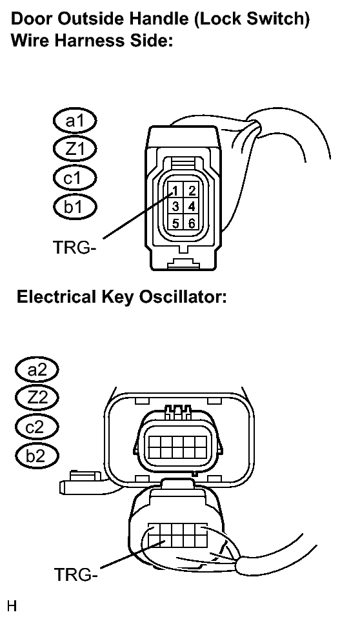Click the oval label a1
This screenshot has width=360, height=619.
(75, 121)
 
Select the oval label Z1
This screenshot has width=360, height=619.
(75, 149)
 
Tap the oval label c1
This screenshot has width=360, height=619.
(75, 178)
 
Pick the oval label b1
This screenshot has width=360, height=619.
(75, 207)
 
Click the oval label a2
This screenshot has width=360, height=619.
(37, 369)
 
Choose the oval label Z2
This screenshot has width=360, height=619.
(37, 398)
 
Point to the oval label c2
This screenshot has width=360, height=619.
(37, 427)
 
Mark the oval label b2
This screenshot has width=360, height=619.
(37, 456)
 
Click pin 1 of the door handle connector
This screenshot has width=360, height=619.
(175, 190)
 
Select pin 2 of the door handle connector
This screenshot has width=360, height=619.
(192, 190)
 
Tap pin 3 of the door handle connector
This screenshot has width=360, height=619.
(175, 206)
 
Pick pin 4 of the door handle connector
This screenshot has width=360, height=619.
(192, 206)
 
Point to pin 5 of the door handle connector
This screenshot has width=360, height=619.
(175, 223)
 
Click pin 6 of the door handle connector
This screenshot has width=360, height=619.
(192, 223)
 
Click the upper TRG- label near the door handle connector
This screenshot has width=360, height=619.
(75, 247)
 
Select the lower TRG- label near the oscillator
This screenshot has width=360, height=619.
(75, 574)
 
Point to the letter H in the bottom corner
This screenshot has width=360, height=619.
(12, 605)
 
